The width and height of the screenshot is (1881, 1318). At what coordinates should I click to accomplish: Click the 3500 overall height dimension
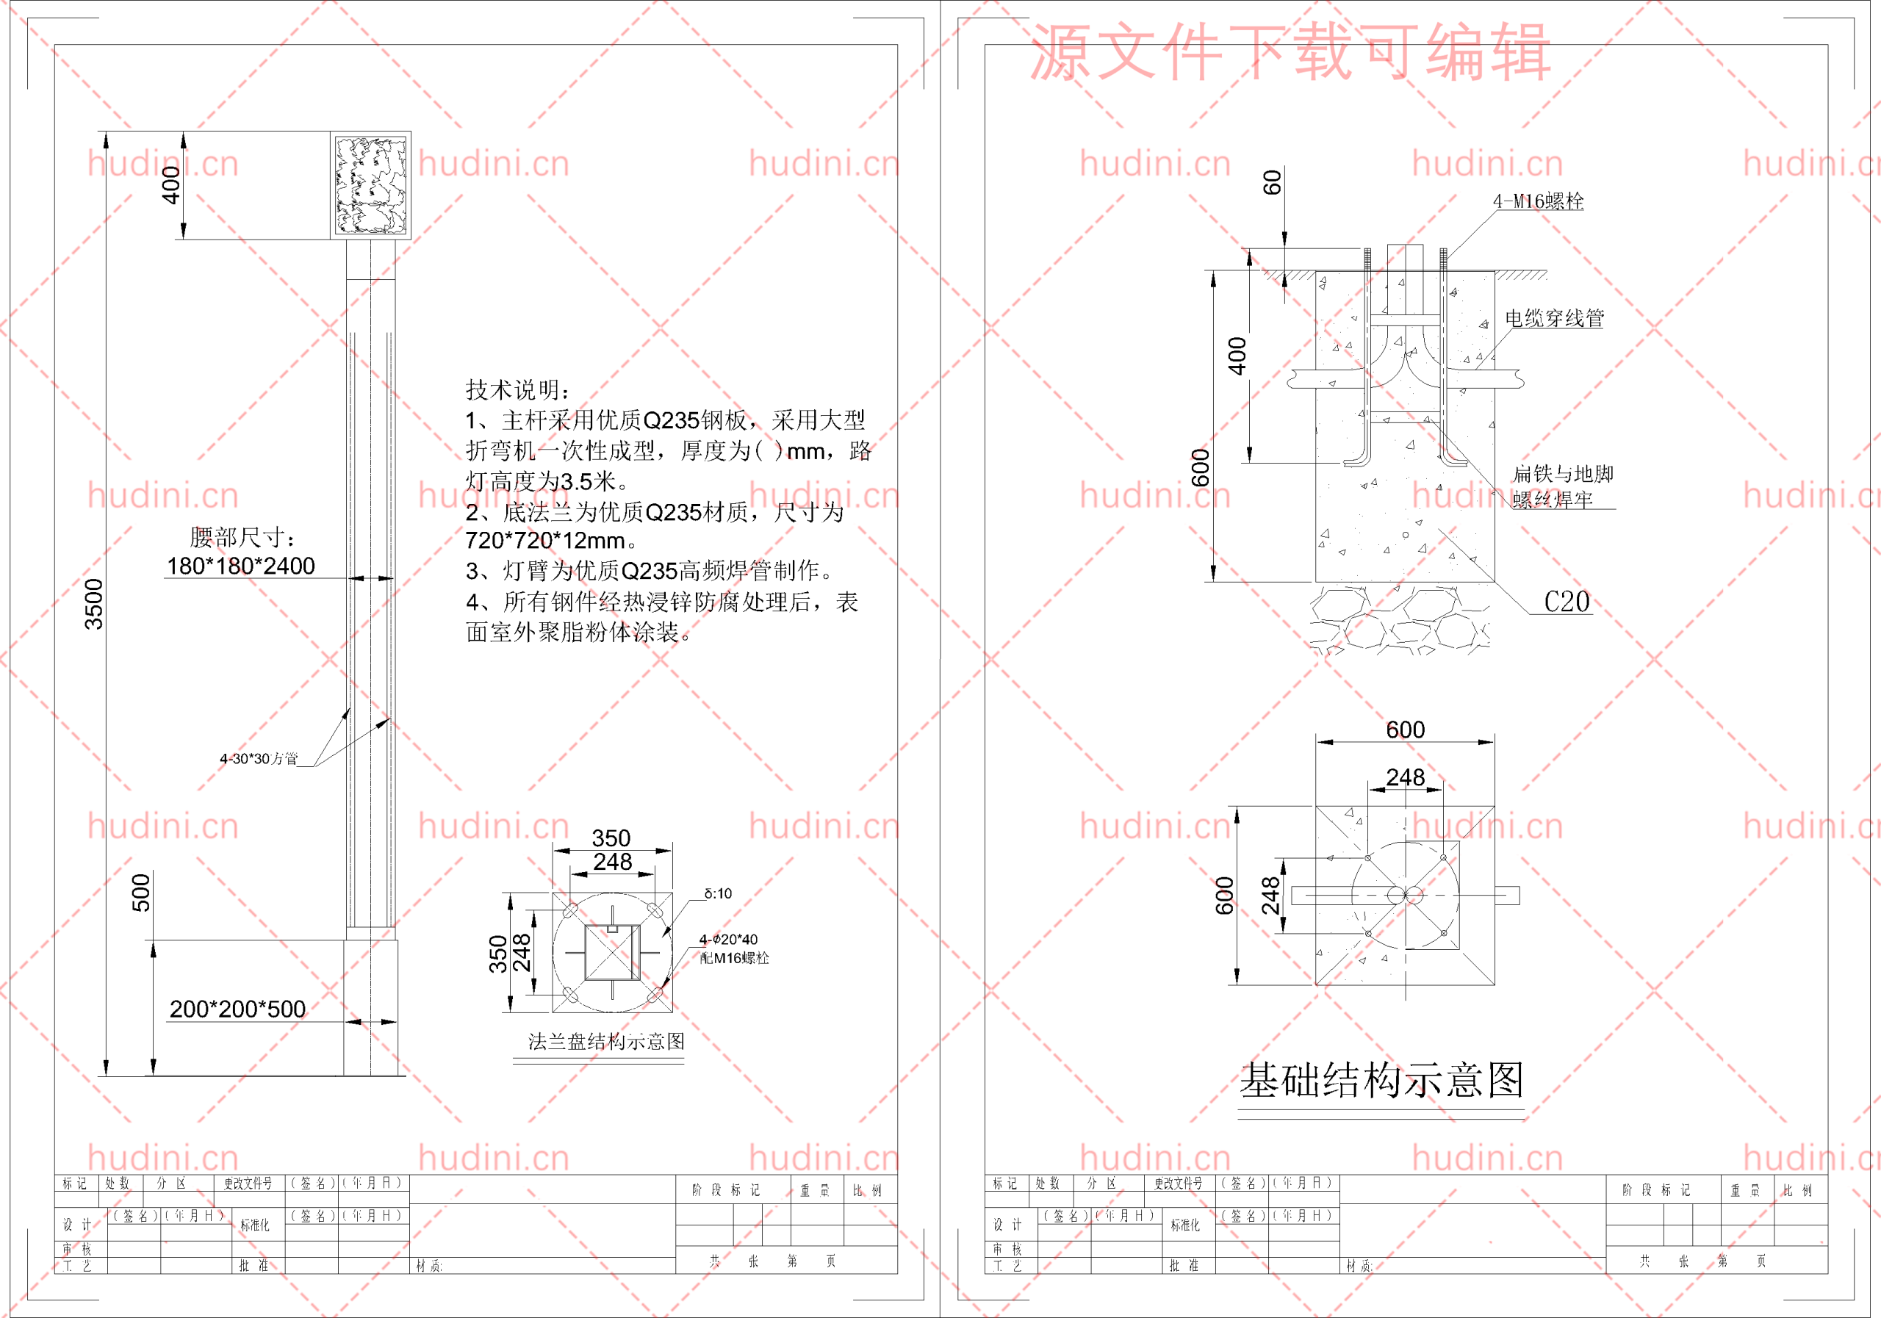(94, 604)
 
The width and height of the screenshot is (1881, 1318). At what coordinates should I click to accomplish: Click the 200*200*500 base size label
(237, 1009)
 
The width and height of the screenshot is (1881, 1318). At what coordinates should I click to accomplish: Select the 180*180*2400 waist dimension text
(241, 565)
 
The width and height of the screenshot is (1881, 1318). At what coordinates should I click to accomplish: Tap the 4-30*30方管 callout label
(258, 758)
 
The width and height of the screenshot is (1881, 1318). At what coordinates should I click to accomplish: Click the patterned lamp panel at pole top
(370, 185)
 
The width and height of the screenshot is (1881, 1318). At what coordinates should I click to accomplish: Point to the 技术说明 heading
(519, 389)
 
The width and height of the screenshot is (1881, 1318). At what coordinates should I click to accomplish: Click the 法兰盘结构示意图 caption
(605, 1041)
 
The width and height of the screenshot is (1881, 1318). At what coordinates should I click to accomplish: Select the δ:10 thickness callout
(718, 893)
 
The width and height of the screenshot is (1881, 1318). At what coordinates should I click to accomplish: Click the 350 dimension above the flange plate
(611, 838)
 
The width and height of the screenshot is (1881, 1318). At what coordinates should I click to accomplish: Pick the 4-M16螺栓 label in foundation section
(1538, 201)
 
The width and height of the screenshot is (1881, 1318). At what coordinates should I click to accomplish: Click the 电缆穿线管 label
(1554, 318)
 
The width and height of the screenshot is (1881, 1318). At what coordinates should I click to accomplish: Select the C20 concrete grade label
(1567, 602)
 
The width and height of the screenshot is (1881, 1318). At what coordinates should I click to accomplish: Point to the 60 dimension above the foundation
(1271, 182)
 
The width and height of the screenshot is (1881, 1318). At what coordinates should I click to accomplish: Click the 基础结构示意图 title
(1381, 1080)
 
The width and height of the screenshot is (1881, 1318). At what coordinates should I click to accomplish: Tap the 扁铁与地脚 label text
(1562, 473)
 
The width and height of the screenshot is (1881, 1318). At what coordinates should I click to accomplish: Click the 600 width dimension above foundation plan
(1405, 729)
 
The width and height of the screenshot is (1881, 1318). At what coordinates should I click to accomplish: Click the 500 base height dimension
(141, 892)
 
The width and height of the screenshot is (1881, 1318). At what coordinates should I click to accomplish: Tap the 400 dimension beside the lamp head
(170, 184)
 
